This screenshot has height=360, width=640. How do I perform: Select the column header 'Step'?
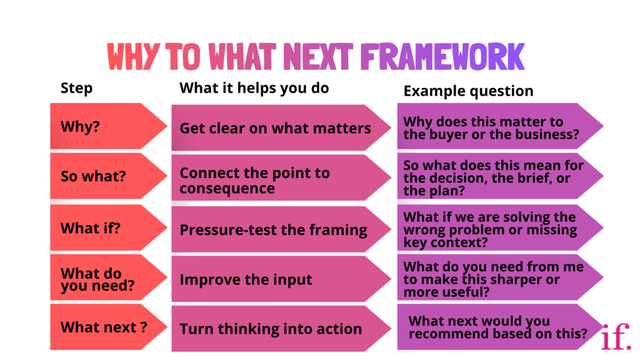(76, 88)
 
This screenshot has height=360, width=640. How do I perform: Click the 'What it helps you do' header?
(254, 88)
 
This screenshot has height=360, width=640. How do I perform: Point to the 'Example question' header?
(468, 91)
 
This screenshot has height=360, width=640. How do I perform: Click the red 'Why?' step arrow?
(106, 126)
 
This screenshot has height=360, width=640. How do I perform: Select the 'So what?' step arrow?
(106, 176)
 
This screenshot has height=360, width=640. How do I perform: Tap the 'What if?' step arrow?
(106, 228)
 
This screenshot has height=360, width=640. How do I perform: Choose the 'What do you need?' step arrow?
(106, 279)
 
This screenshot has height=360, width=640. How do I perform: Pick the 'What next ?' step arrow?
(106, 327)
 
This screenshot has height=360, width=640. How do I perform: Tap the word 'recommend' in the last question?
(444, 334)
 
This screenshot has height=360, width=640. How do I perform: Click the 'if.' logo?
(616, 337)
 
